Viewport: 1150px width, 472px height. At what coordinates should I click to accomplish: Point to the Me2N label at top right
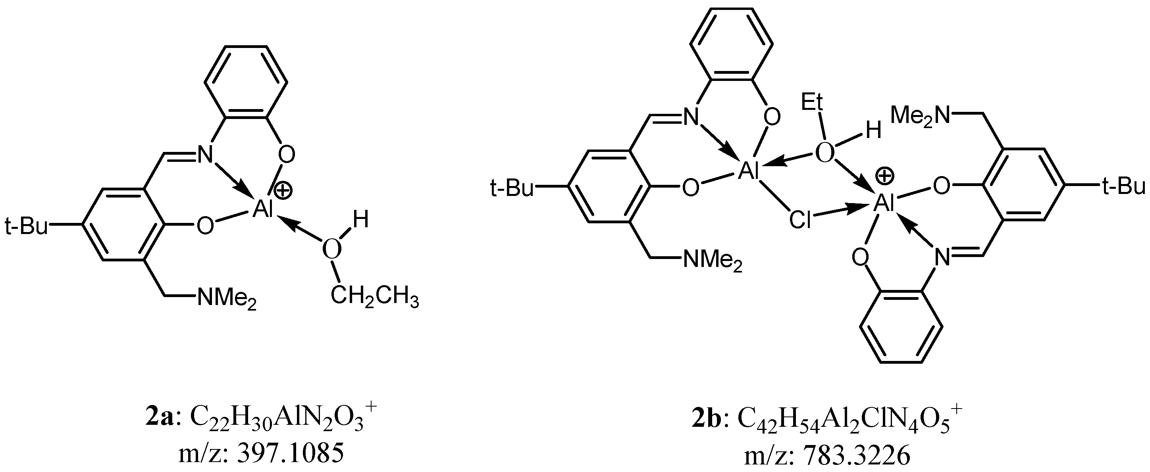(920, 117)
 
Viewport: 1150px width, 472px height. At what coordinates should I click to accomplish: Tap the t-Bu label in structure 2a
(26, 226)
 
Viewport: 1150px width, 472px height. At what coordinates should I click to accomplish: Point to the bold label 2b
(706, 430)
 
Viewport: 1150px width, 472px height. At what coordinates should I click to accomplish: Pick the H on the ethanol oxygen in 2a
(361, 220)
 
